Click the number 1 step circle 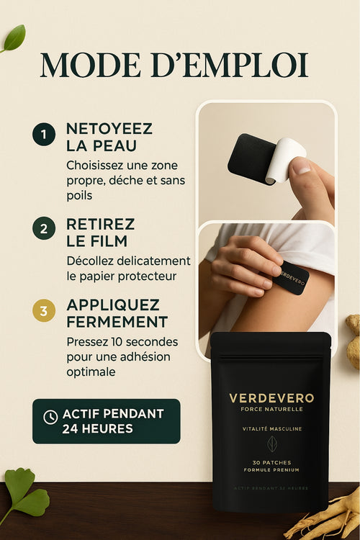coord(43,135)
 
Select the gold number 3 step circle coord(43,311)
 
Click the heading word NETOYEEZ coord(109,128)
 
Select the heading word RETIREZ coord(101,224)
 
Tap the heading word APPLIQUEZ coord(113,305)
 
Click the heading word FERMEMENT coord(117,321)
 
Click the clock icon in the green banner coord(50,417)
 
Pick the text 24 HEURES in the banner coord(97,428)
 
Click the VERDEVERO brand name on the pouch coord(272,398)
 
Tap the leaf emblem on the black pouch coord(272,444)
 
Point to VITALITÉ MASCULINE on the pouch coord(272,428)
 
